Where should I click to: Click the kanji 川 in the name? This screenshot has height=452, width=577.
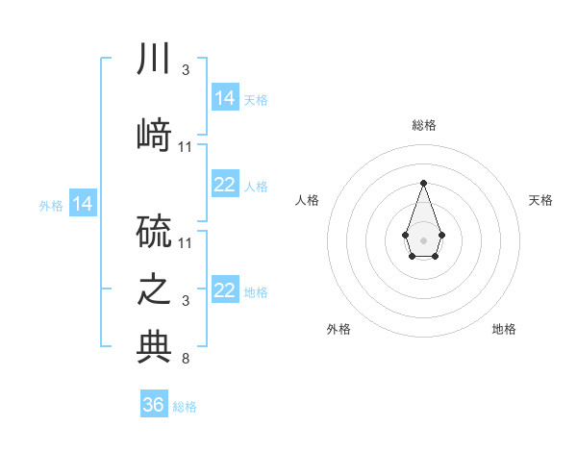(154, 59)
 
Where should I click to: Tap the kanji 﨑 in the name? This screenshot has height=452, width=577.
(154, 135)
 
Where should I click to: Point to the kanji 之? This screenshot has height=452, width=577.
(154, 289)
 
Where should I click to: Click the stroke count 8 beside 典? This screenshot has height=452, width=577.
(186, 360)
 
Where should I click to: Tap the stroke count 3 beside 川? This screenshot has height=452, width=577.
(186, 70)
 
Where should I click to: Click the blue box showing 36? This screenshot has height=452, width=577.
(154, 405)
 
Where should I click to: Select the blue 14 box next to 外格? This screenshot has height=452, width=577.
(83, 203)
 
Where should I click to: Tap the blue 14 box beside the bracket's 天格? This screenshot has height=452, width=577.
(225, 97)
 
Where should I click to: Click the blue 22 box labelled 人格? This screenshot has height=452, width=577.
(225, 185)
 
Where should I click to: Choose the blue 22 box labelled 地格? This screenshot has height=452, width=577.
(225, 290)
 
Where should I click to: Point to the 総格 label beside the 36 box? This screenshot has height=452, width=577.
(186, 407)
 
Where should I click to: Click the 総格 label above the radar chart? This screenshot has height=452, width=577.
(423, 125)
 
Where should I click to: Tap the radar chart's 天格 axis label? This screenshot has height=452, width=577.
(540, 200)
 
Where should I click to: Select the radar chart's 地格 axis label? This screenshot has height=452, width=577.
(504, 329)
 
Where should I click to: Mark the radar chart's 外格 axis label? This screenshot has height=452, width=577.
(339, 329)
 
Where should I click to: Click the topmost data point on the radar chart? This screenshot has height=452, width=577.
(423, 183)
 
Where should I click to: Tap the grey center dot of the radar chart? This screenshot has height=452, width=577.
(423, 239)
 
